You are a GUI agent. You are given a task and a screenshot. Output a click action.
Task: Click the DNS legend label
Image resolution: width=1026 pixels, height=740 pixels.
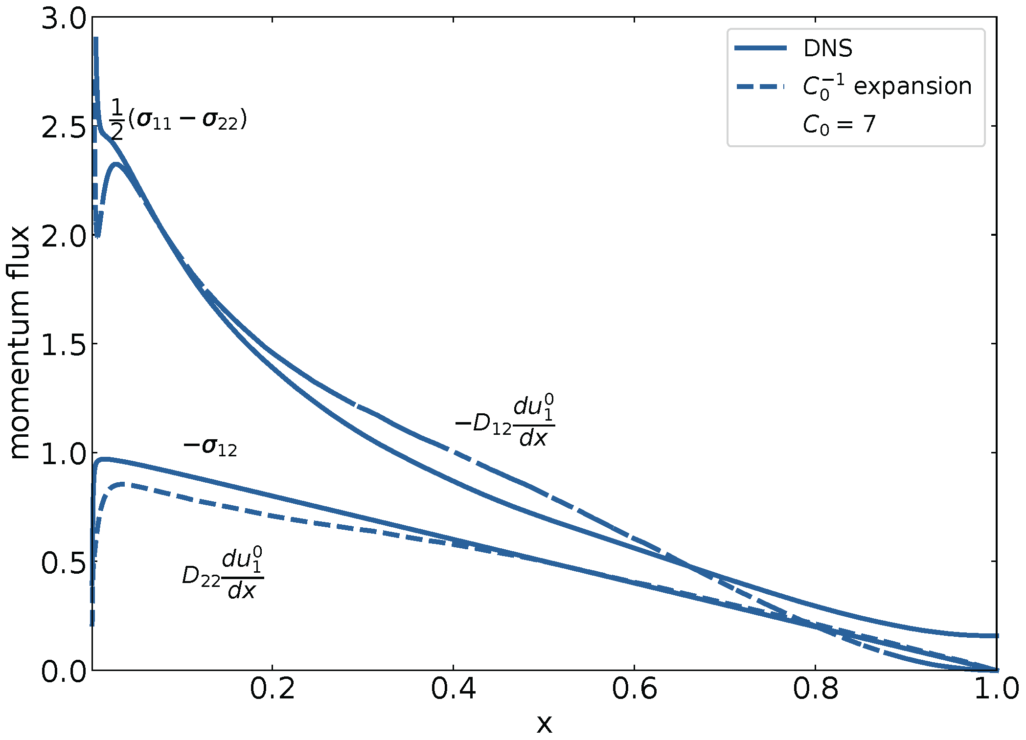(x=827, y=48)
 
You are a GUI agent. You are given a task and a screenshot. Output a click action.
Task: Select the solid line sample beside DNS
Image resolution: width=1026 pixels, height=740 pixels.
(x=760, y=48)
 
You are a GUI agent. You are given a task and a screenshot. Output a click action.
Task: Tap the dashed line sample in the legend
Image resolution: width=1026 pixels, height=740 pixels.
(x=760, y=87)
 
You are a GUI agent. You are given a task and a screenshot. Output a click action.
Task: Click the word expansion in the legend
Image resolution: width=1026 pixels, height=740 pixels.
(x=912, y=87)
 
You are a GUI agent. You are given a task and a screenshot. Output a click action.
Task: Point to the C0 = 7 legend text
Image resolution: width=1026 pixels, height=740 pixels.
(x=838, y=125)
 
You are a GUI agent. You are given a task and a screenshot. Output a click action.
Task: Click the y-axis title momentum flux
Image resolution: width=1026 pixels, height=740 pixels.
(x=20, y=342)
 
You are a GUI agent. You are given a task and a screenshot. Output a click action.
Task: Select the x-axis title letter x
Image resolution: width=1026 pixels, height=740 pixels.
(x=544, y=723)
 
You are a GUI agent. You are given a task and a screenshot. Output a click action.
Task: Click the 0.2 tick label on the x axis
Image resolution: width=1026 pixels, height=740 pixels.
(x=273, y=689)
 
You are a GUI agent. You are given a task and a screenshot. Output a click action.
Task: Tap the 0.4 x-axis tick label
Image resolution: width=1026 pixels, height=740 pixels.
(x=454, y=689)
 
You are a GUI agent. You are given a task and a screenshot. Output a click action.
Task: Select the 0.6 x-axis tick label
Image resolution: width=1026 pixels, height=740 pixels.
(x=635, y=689)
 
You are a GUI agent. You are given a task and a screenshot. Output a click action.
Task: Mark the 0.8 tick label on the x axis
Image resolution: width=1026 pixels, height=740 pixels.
(x=816, y=689)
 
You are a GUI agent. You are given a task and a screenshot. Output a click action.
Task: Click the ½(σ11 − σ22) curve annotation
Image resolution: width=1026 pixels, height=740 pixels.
(x=178, y=120)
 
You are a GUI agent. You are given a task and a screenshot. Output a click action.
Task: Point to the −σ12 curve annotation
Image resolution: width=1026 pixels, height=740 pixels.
(x=210, y=447)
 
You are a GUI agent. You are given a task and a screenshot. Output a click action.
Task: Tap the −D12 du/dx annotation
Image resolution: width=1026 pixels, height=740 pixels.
(x=505, y=422)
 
